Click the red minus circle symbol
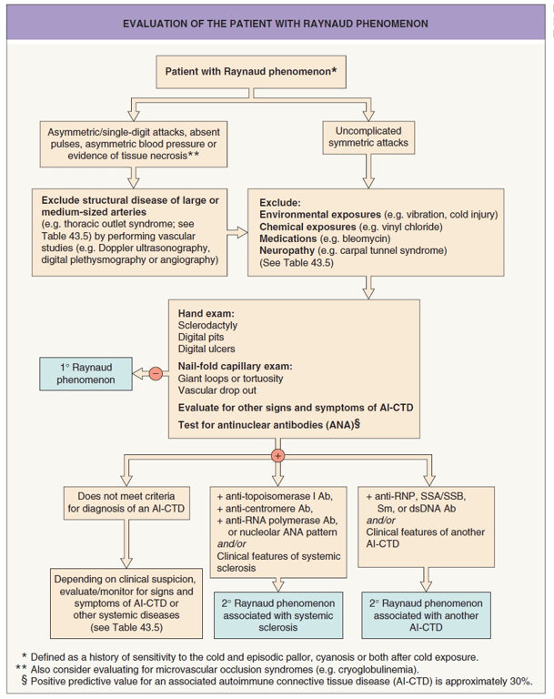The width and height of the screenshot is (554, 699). click(x=156, y=372)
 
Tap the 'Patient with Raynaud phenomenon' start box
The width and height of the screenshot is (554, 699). click(x=251, y=70)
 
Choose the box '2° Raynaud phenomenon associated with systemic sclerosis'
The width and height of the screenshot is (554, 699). click(x=278, y=614)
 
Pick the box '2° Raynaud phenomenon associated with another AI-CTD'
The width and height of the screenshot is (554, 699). click(x=426, y=614)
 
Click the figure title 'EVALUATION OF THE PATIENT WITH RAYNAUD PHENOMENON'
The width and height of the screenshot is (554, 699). click(x=276, y=21)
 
